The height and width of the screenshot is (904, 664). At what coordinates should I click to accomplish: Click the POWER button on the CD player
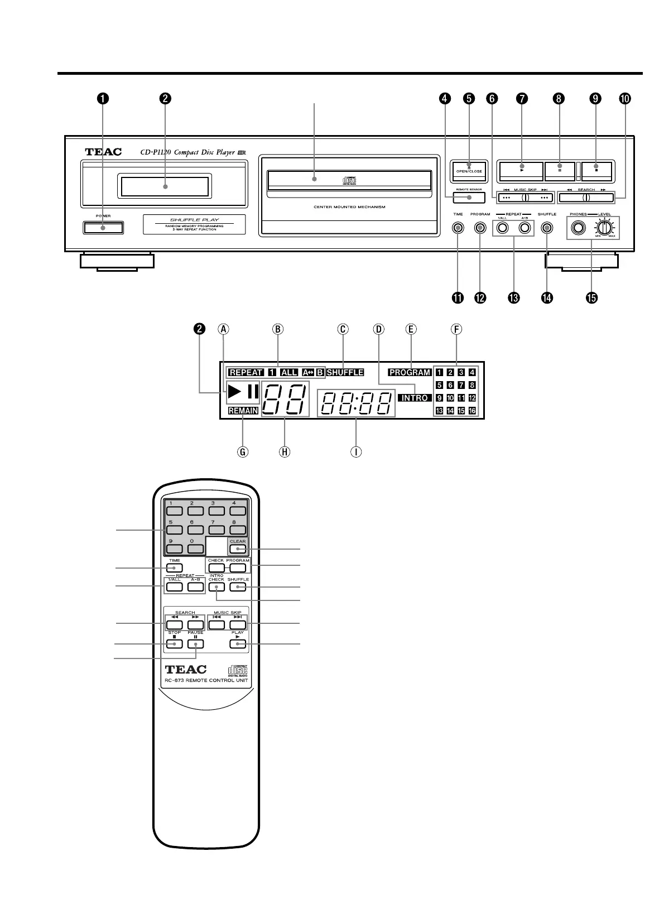103,228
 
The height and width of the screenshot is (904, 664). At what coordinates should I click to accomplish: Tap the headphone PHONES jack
578,228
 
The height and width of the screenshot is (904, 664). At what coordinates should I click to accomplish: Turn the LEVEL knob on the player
603,228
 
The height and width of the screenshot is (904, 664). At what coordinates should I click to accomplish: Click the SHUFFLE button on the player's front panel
547,228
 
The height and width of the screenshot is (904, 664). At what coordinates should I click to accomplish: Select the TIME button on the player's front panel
458,228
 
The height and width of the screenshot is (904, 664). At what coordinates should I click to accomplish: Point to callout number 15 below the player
591,298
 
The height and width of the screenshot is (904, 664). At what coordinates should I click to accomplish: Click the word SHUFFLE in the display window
345,372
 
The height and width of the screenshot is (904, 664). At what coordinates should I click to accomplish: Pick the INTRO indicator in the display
415,398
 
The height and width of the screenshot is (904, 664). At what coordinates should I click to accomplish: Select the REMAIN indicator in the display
243,411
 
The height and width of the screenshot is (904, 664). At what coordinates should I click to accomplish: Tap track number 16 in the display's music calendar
472,411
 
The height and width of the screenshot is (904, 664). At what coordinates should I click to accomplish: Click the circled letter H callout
285,451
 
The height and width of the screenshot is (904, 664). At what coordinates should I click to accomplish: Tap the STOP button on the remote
175,644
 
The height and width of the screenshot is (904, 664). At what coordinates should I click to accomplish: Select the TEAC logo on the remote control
186,669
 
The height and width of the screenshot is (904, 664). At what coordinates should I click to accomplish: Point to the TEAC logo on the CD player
103,152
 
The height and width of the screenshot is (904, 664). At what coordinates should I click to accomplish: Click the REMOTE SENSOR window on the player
468,198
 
